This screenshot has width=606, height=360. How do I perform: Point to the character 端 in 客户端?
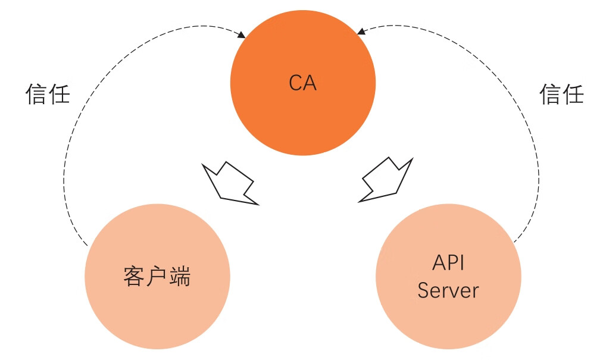coord(180,277)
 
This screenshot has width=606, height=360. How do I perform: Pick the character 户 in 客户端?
coord(157,277)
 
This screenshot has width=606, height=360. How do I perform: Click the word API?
coord(448,263)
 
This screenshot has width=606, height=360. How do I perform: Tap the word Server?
coord(448,290)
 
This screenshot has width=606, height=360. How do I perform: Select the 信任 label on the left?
coord(48,94)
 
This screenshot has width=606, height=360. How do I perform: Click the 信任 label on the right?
coord(561,94)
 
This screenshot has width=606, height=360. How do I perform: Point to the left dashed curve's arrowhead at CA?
coord(241,36)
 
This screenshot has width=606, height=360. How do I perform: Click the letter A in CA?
coord(310,83)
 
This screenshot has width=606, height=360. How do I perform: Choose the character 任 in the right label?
coord(573,94)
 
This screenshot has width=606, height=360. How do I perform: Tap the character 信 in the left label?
coord(36,94)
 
